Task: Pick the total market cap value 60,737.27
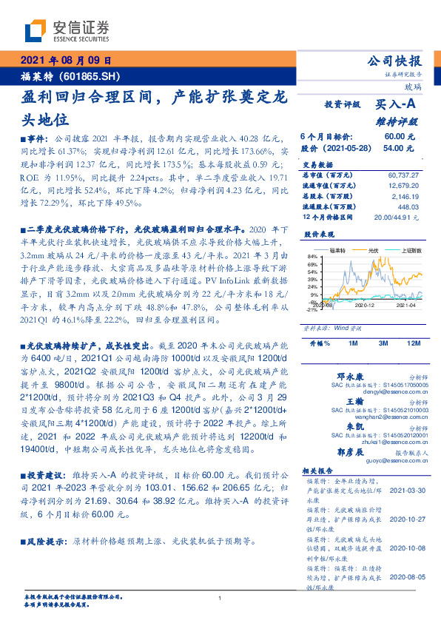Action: click(405, 175)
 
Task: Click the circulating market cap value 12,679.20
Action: click(405, 186)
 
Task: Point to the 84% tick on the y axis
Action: click(312, 256)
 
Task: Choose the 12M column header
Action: click(413, 344)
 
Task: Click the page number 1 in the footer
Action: click(220, 599)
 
